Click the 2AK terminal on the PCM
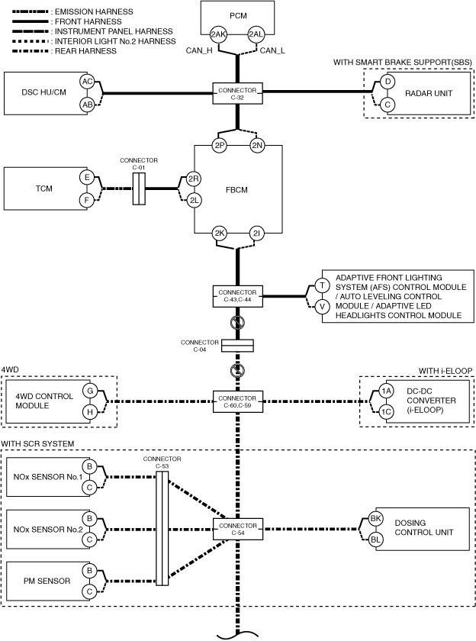218,35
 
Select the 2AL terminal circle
256,35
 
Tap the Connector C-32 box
237,94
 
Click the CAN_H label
199,50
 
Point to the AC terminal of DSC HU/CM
88,82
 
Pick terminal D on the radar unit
388,82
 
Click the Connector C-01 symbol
139,189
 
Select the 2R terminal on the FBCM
194,179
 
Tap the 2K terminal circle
220,234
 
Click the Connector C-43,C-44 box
237,296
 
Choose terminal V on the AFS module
323,306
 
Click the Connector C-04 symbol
237,346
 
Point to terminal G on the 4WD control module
90,391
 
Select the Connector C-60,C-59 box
237,402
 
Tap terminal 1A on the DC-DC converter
386,391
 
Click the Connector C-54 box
237,530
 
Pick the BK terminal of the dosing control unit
375,519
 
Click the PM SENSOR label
47,581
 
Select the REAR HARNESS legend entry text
85,51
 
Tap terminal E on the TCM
87,178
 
